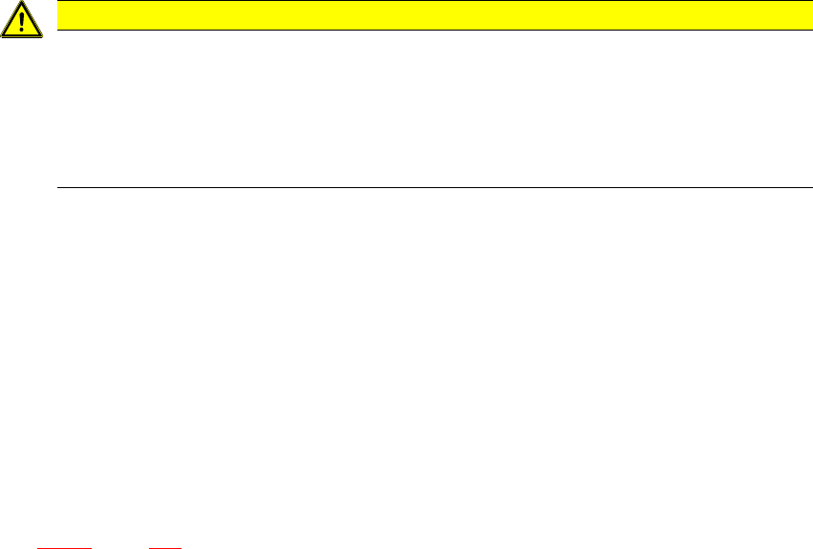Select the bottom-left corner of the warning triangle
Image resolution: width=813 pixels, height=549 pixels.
(x=2, y=35)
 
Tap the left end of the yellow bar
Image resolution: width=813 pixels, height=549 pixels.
(x=59, y=14)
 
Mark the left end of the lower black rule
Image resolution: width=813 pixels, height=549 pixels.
(x=59, y=187)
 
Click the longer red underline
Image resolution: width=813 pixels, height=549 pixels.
(x=63, y=547)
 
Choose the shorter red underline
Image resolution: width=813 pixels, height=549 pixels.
(x=165, y=547)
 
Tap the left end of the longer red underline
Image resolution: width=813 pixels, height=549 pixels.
(x=36, y=547)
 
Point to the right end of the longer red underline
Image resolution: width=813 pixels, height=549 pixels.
(x=91, y=547)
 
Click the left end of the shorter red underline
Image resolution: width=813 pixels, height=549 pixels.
(x=150, y=547)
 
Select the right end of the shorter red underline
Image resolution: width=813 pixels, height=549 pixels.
(x=181, y=547)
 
